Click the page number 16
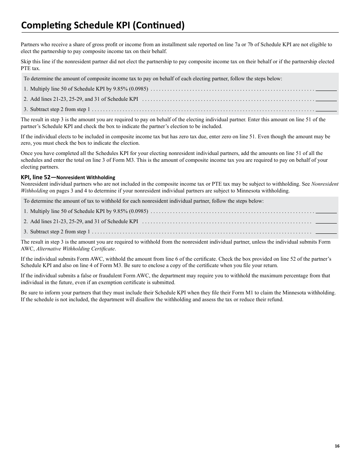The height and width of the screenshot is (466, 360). tap(337, 446)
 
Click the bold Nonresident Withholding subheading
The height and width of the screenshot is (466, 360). tap(86, 177)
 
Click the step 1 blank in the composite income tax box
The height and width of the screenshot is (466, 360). tap(326, 89)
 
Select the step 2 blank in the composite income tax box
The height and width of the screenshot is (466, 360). tap(326, 99)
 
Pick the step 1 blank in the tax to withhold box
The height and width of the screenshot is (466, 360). tap(326, 211)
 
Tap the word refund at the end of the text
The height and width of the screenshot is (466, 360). tap(276, 300)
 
